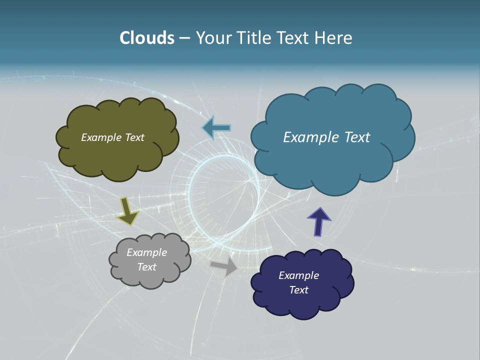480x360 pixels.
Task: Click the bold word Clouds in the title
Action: point(147,38)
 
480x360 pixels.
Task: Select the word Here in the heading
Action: point(335,38)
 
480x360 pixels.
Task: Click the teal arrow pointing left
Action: point(216,128)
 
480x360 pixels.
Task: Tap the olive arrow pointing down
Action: point(127,210)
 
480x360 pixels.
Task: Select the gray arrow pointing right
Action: point(224,267)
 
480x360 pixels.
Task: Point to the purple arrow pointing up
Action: point(318,221)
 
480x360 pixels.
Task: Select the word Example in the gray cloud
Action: point(146,252)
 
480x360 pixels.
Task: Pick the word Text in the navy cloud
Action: point(298,290)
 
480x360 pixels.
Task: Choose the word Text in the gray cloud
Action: point(146,267)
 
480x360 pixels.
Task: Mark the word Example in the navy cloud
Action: point(298,275)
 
